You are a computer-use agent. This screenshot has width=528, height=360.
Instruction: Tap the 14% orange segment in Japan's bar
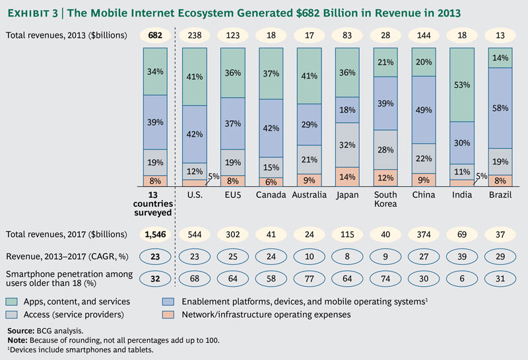(x=348, y=177)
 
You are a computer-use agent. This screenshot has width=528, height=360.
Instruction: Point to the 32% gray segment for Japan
(x=348, y=145)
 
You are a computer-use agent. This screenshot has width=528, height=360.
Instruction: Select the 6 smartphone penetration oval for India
(x=462, y=279)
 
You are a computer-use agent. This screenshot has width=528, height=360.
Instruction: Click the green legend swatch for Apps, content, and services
(x=13, y=302)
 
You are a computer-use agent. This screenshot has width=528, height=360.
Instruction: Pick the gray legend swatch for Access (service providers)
(x=13, y=314)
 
